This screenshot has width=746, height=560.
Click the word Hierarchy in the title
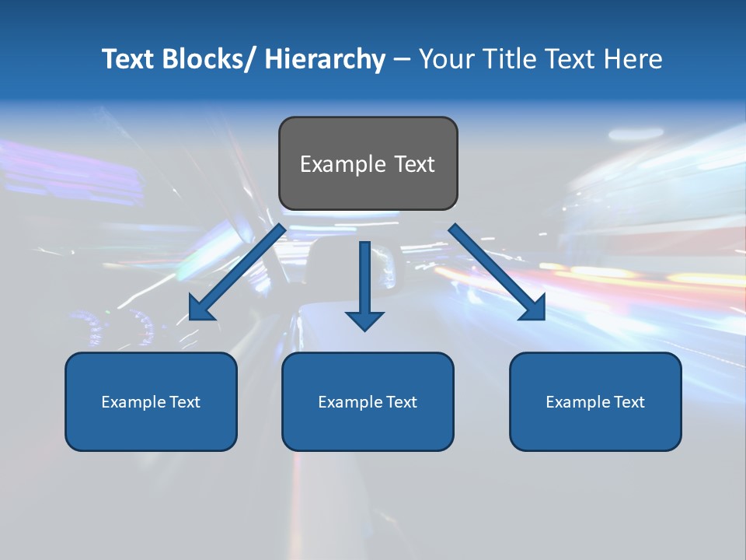click(x=325, y=59)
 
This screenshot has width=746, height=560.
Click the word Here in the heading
click(x=632, y=59)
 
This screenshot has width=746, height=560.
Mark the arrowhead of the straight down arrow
click(x=364, y=320)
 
